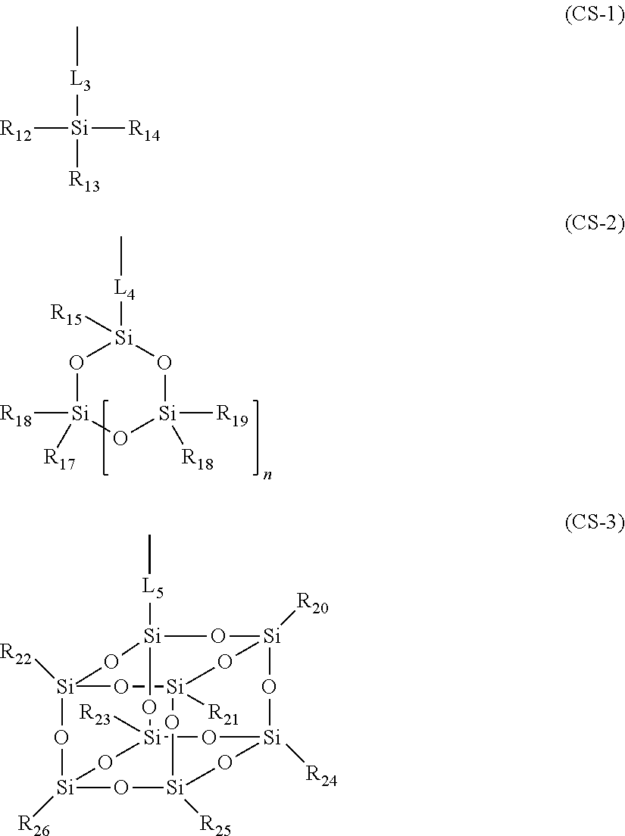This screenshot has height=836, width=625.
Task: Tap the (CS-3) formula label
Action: click(594, 522)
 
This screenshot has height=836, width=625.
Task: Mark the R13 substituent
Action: click(84, 181)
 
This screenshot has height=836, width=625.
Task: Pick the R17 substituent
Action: click(59, 458)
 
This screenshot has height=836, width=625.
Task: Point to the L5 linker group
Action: click(153, 588)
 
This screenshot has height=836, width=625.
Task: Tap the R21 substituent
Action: click(223, 713)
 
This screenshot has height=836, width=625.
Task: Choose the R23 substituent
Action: click(95, 713)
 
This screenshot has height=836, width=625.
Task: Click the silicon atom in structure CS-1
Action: click(80, 129)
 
